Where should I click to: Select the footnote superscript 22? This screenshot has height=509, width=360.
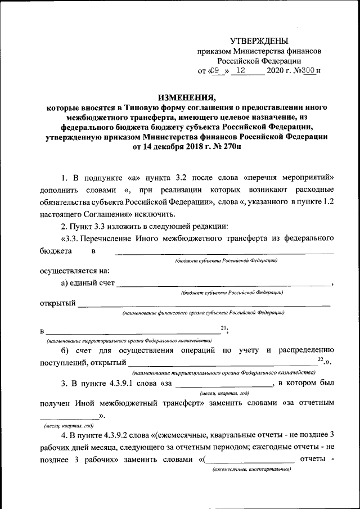320,358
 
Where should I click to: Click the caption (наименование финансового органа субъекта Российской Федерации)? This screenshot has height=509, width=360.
203,313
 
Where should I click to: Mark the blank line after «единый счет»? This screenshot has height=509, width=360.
224,285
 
